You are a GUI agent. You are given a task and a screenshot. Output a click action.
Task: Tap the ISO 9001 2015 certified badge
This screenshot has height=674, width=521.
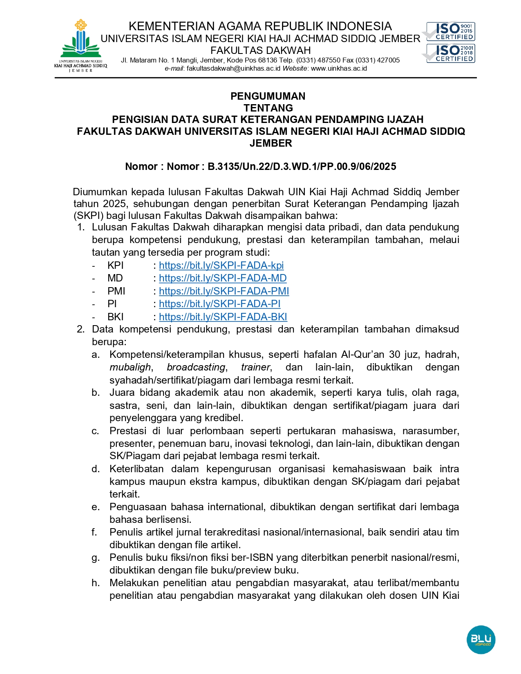450,31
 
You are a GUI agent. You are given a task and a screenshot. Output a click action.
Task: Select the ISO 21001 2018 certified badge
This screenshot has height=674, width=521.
450,53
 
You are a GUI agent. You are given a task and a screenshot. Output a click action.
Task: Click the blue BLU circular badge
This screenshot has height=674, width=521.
481,639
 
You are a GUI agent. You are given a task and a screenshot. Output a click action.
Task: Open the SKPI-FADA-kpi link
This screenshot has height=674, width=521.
221,266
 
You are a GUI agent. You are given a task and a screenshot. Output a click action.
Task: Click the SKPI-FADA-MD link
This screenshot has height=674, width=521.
223,278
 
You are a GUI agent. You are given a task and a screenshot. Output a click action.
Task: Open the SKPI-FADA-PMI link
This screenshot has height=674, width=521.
224,291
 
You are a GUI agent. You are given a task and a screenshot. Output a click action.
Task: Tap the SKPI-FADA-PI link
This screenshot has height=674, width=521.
219,304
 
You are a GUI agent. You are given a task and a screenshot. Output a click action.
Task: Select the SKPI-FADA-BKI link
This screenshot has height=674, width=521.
223,317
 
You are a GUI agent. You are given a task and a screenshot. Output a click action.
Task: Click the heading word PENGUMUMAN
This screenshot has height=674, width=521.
268,96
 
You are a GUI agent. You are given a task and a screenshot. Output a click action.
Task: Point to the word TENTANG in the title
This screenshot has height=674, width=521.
268,108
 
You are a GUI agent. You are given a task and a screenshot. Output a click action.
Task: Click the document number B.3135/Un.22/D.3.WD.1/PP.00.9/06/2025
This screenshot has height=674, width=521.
302,167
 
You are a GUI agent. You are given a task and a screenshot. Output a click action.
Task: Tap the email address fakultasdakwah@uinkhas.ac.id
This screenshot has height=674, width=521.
233,69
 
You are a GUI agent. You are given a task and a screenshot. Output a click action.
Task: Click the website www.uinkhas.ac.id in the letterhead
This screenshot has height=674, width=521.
339,69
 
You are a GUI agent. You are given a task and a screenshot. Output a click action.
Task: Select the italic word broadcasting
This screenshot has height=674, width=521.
196,367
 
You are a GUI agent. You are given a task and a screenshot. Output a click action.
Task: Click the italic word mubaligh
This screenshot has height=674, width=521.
130,367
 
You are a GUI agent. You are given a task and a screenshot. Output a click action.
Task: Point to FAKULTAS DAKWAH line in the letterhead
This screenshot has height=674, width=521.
260,51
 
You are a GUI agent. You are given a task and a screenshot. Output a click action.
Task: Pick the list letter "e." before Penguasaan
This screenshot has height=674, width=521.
96,507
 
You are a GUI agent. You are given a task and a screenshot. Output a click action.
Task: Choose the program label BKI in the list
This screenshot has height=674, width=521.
115,317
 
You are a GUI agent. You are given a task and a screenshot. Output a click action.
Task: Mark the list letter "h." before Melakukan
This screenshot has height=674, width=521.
96,583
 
